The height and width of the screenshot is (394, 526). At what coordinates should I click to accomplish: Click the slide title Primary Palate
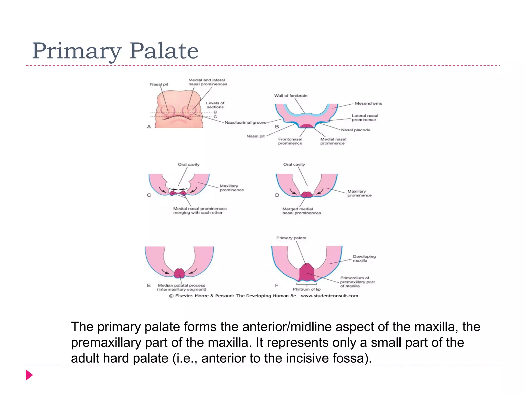click(115, 51)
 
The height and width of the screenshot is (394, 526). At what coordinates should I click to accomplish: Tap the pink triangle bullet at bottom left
click(29, 375)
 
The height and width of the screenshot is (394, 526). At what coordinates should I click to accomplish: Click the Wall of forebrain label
click(290, 96)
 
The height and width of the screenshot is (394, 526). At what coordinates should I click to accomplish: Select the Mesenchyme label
click(368, 103)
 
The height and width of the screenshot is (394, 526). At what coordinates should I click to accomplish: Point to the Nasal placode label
click(355, 130)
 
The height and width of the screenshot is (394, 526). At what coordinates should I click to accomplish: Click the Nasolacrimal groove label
click(245, 123)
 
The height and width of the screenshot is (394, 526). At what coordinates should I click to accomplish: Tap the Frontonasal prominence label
click(290, 141)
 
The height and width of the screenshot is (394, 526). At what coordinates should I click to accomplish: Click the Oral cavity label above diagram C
click(189, 164)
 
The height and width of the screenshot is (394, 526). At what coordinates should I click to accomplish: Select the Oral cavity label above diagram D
click(294, 164)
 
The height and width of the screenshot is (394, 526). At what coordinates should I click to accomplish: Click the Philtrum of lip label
click(306, 289)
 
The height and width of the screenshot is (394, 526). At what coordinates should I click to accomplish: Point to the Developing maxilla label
click(364, 258)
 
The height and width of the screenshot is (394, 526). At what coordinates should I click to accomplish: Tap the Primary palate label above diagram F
click(291, 238)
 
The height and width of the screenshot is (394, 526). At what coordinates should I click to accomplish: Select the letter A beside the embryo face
click(149, 127)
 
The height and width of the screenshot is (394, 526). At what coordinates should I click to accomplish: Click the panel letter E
click(149, 285)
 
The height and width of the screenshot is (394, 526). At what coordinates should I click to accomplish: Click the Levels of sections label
click(215, 105)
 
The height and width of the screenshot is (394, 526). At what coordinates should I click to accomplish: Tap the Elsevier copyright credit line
click(264, 296)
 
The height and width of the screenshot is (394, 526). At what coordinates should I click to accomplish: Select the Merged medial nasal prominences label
click(301, 211)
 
